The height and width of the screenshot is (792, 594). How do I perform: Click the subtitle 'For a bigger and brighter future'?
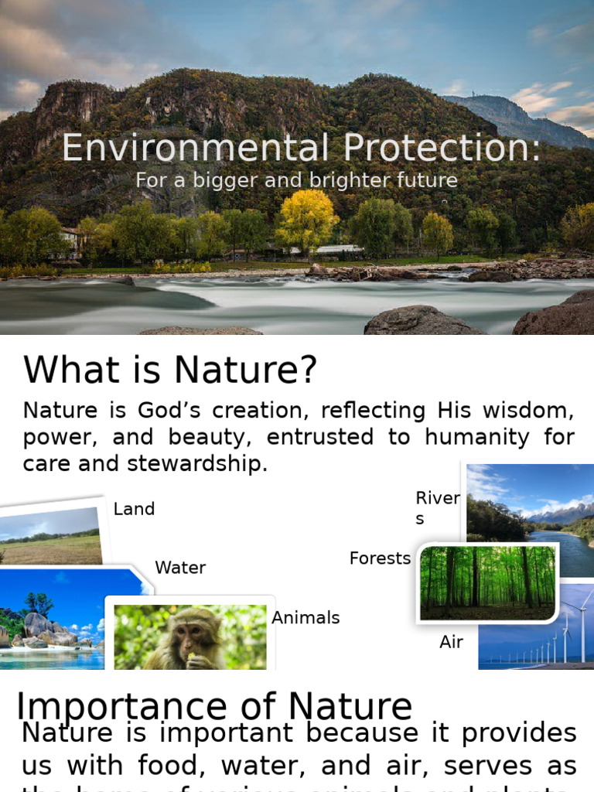click(296, 180)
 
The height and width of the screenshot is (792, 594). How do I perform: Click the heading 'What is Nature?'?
click(170, 370)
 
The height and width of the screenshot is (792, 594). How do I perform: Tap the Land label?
click(134, 509)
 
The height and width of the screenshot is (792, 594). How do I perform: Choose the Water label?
click(180, 568)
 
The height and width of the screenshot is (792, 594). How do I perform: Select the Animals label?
click(306, 618)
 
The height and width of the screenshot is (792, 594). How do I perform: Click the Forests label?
click(380, 558)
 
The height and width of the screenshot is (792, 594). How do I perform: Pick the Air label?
click(451, 642)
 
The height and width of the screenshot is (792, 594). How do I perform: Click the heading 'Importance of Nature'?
click(214, 706)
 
